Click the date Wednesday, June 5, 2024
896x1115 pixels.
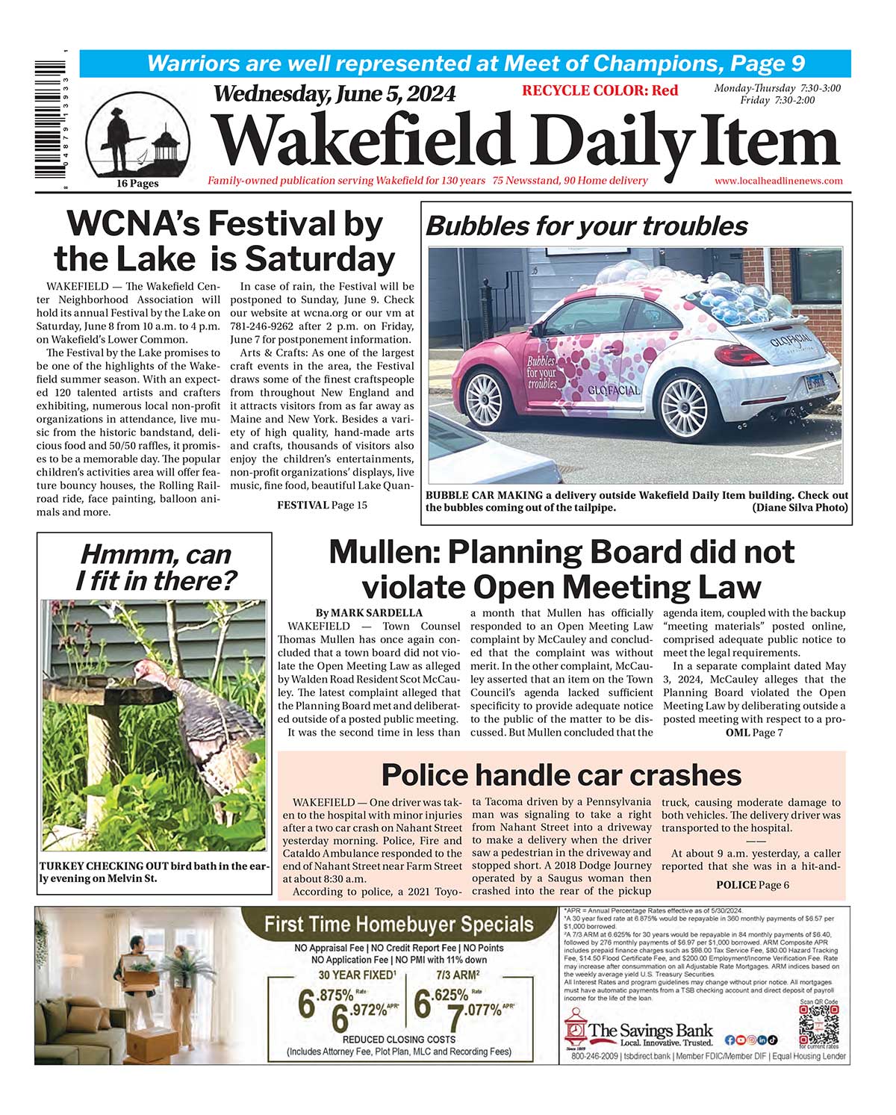334,94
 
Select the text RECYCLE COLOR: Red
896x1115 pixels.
600,91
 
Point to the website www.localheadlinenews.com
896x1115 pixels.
778,181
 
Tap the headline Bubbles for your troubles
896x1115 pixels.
586,226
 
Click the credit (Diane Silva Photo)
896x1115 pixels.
800,508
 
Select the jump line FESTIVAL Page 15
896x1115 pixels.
322,506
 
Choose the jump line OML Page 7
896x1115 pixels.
754,733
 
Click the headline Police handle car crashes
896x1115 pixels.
561,775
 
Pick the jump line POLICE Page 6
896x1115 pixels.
752,886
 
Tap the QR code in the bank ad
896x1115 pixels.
818,1024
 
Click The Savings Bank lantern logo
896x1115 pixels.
575,1031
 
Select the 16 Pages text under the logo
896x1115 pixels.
137,184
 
